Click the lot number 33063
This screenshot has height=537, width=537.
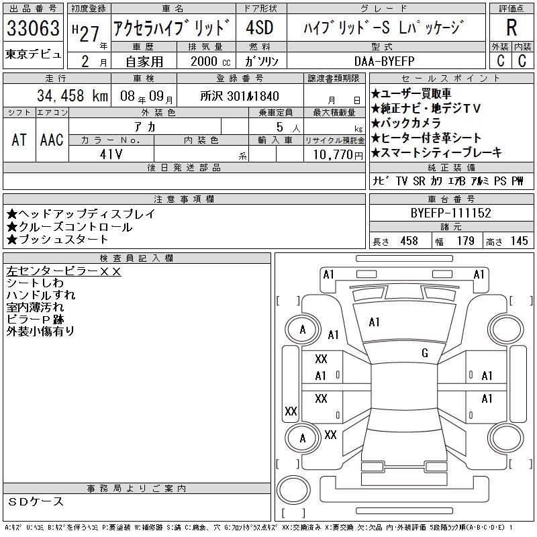pyautogui.click(x=33, y=28)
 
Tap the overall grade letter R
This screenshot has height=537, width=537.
pyautogui.click(x=511, y=28)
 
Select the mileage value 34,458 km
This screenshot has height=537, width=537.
pyautogui.click(x=72, y=96)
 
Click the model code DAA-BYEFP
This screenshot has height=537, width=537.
pyautogui.click(x=384, y=61)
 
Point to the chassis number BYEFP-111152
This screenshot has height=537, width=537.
pyautogui.click(x=450, y=213)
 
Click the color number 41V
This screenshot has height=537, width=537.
pyautogui.click(x=111, y=154)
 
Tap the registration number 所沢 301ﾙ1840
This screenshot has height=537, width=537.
pyautogui.click(x=240, y=96)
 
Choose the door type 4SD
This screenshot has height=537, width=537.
pyautogui.click(x=260, y=28)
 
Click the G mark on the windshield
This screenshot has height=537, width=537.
pyautogui.click(x=425, y=353)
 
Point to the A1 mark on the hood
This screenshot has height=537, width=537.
pyautogui.click(x=374, y=322)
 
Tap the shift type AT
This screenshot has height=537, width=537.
pyautogui.click(x=19, y=140)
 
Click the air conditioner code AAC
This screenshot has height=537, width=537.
pyautogui.click(x=52, y=140)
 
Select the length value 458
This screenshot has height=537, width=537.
pyautogui.click(x=409, y=241)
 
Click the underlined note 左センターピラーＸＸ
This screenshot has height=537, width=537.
pyautogui.click(x=64, y=271)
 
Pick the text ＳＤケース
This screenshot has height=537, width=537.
pyautogui.click(x=36, y=501)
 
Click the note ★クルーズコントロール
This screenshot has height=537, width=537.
pyautogui.click(x=70, y=227)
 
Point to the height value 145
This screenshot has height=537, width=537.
pyautogui.click(x=520, y=241)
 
